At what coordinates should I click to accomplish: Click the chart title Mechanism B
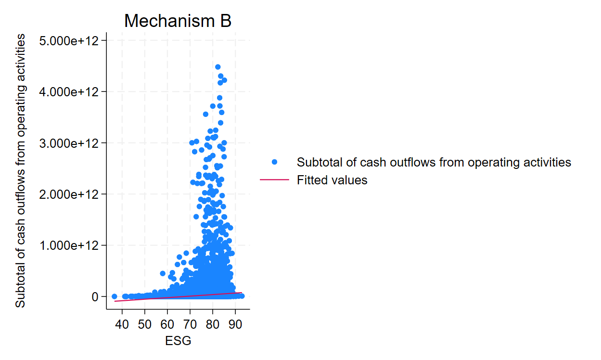[178, 21]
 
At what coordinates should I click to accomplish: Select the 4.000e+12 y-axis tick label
[72, 91]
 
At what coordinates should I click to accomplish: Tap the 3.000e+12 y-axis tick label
[72, 143]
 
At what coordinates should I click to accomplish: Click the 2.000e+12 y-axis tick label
[72, 194]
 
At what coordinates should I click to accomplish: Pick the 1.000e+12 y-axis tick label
[72, 245]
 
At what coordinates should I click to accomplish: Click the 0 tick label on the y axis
[95, 297]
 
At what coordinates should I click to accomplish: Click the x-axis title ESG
[178, 341]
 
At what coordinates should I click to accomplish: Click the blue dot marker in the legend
[274, 162]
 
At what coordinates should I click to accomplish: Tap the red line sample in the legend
[274, 180]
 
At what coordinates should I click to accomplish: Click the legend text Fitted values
[332, 180]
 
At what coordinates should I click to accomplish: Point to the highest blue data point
[217, 67]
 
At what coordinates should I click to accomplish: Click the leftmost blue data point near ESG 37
[115, 296]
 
